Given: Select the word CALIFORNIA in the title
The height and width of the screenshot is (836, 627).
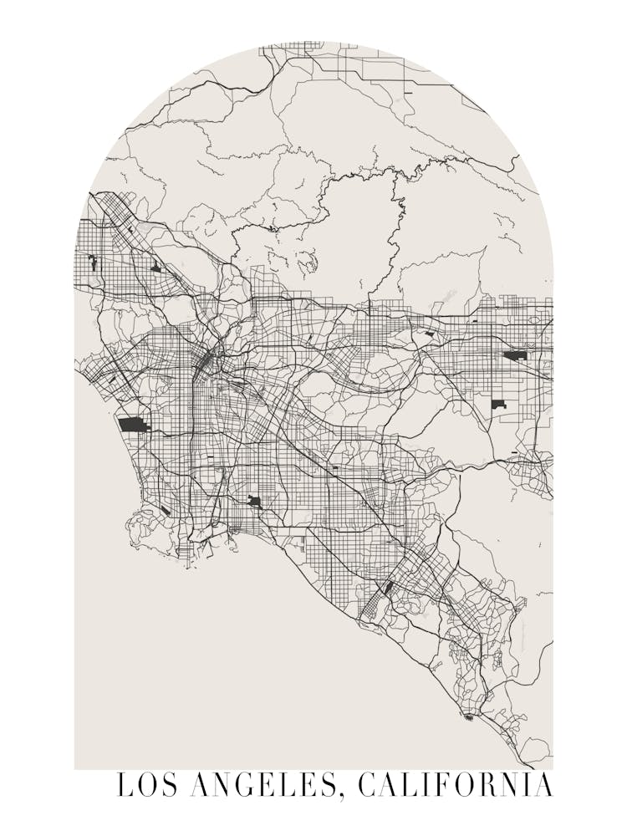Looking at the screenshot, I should [x=456, y=787].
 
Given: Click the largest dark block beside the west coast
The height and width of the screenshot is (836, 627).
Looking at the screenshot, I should [x=132, y=425].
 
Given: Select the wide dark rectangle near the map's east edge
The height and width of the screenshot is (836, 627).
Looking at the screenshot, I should [x=515, y=355].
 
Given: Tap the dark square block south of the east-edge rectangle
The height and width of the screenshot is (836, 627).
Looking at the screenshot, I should [x=498, y=405].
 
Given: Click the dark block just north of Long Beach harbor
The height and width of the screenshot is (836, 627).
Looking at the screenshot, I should [x=254, y=502].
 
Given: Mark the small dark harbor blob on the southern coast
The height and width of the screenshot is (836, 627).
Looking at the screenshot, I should [x=468, y=716].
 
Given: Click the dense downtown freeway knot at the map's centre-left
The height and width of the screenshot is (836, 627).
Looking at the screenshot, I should [x=206, y=361].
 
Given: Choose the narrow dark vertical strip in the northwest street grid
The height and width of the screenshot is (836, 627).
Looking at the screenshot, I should [x=93, y=263].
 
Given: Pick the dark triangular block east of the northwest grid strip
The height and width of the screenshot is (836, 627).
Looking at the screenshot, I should [x=155, y=268].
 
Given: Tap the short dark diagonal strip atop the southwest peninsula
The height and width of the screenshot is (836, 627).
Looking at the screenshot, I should [x=166, y=510].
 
